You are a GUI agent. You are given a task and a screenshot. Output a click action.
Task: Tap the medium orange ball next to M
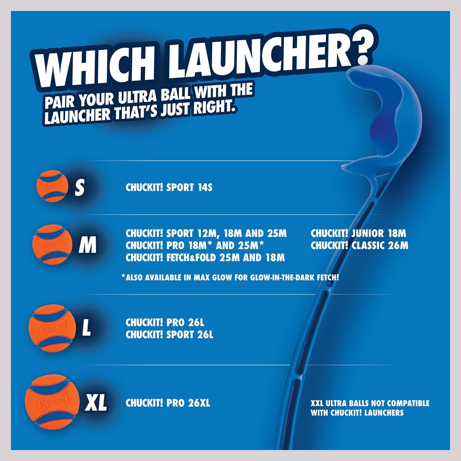tap(52, 244)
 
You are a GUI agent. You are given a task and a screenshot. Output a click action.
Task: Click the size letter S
tap(80, 187)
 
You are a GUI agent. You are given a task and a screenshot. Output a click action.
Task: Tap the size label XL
tap(95, 403)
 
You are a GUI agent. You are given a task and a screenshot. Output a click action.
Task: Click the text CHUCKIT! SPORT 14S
tap(169, 187)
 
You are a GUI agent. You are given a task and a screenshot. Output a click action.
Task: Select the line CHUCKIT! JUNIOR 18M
tap(358, 234)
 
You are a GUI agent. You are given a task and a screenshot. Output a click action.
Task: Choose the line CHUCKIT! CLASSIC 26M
tap(360, 246)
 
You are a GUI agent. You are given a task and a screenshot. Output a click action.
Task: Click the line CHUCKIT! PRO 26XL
tap(168, 403)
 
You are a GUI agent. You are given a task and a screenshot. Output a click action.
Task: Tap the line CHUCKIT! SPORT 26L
tap(169, 335)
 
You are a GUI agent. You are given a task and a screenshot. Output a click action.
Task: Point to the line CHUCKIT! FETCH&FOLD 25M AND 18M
tap(205, 258)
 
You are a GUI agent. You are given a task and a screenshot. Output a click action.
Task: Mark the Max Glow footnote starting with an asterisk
tap(230, 277)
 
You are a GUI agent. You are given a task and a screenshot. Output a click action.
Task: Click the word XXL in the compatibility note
tap(317, 403)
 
